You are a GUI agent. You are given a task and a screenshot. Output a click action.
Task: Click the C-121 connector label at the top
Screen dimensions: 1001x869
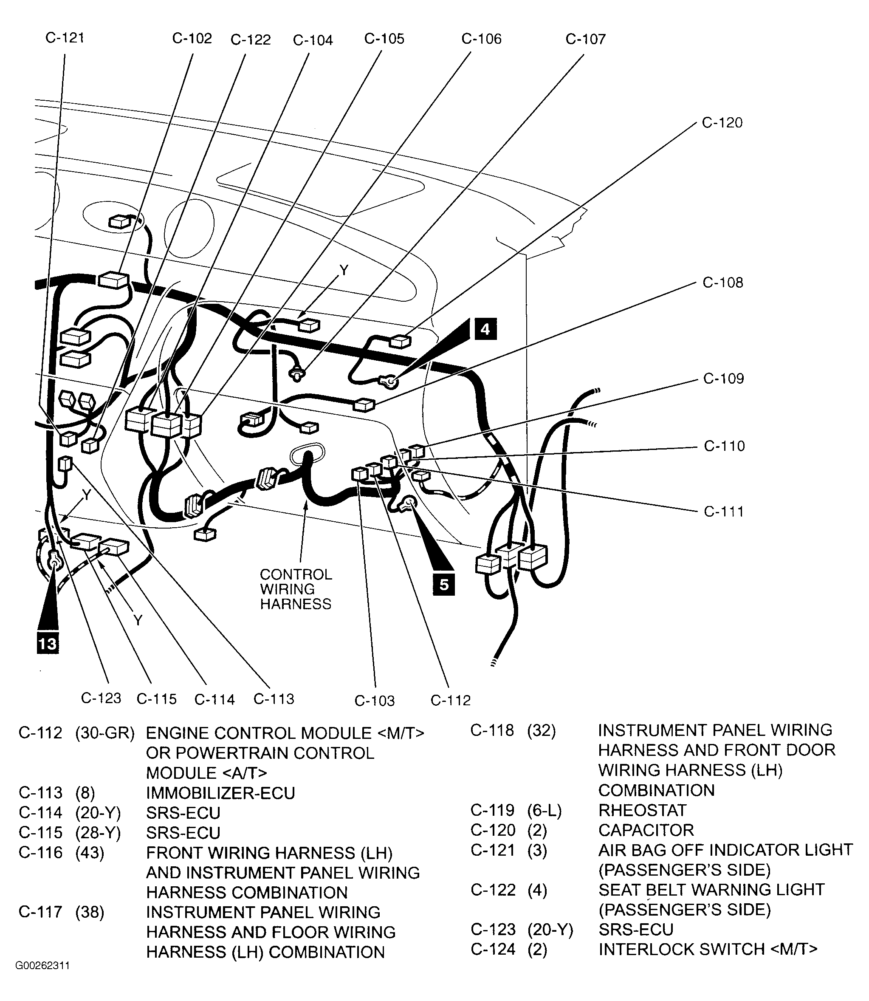coord(65,38)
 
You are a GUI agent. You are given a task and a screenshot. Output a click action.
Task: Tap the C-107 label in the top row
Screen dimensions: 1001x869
coord(585,39)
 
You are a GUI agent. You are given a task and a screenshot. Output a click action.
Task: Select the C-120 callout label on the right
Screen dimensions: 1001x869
coord(722,123)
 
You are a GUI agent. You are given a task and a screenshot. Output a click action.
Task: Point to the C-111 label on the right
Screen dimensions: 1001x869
coord(723,512)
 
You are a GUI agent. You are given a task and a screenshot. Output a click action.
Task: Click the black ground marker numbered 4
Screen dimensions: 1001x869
coord(485,330)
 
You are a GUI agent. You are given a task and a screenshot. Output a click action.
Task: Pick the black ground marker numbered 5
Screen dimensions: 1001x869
coord(444,585)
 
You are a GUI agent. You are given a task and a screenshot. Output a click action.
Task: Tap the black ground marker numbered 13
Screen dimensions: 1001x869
coord(48,644)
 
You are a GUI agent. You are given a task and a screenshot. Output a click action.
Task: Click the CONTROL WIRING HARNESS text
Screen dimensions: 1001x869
coord(296,589)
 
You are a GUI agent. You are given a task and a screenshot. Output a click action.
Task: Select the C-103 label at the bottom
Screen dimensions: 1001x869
coord(374,701)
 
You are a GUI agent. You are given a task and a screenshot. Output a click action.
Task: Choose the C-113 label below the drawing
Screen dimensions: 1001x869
coord(274,699)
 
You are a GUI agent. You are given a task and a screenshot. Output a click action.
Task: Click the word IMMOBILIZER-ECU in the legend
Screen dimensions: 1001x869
coord(220,793)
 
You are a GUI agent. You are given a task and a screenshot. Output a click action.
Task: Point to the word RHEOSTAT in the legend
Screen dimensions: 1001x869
coord(642,810)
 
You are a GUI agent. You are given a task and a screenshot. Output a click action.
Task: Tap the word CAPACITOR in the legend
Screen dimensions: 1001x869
coord(646,830)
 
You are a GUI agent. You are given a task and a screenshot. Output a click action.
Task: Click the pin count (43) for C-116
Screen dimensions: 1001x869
coord(90,853)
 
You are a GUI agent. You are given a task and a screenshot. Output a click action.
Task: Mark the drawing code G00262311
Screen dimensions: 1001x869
coord(42,966)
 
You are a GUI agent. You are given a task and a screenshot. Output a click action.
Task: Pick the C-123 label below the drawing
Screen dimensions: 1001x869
coord(101,698)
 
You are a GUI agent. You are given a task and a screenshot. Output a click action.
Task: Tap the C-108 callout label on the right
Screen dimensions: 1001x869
coord(722,283)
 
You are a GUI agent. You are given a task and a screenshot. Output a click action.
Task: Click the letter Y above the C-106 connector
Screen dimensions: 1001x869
coord(344,271)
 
